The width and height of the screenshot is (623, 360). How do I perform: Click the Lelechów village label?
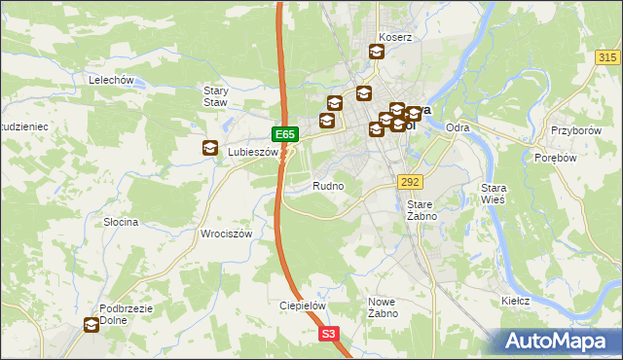click(x=110, y=80)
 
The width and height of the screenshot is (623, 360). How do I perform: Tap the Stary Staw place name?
click(x=215, y=96)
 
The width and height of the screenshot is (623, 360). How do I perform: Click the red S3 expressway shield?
click(x=329, y=334)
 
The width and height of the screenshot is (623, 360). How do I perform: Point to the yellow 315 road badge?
click(x=608, y=58)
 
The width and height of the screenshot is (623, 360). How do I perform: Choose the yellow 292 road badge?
click(x=410, y=182)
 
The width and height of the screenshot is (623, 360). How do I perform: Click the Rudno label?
click(x=328, y=185)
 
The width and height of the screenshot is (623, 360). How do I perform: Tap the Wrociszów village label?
click(x=226, y=234)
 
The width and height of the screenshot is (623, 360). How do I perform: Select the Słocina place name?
click(x=121, y=222)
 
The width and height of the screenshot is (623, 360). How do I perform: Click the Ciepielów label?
click(x=301, y=305)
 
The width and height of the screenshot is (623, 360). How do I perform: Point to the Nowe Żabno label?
click(x=382, y=307)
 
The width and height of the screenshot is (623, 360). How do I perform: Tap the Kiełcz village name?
click(x=515, y=301)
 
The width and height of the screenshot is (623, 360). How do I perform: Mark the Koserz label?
click(x=396, y=37)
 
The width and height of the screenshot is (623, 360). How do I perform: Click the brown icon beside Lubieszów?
click(x=210, y=148)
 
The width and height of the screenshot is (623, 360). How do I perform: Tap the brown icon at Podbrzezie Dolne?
click(x=92, y=326)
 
